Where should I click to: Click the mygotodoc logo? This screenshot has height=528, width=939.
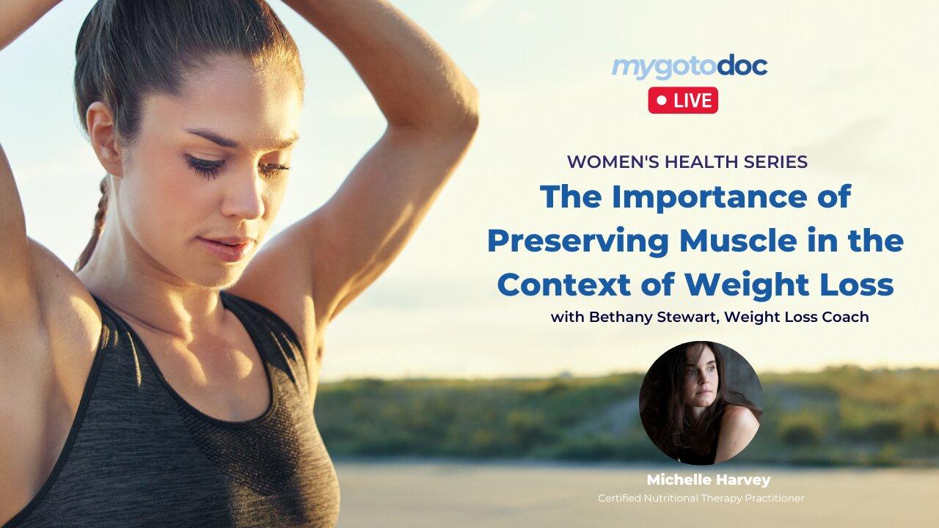point(690,67)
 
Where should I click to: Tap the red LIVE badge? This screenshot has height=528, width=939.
point(682,100)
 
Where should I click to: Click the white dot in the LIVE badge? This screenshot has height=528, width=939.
point(662,100)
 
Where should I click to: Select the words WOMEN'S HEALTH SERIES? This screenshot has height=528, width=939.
point(687,162)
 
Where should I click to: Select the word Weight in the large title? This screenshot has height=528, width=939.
point(745,285)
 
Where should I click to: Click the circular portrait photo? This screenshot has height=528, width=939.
point(701,403)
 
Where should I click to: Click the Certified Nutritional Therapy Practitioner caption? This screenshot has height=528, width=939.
point(701,499)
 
